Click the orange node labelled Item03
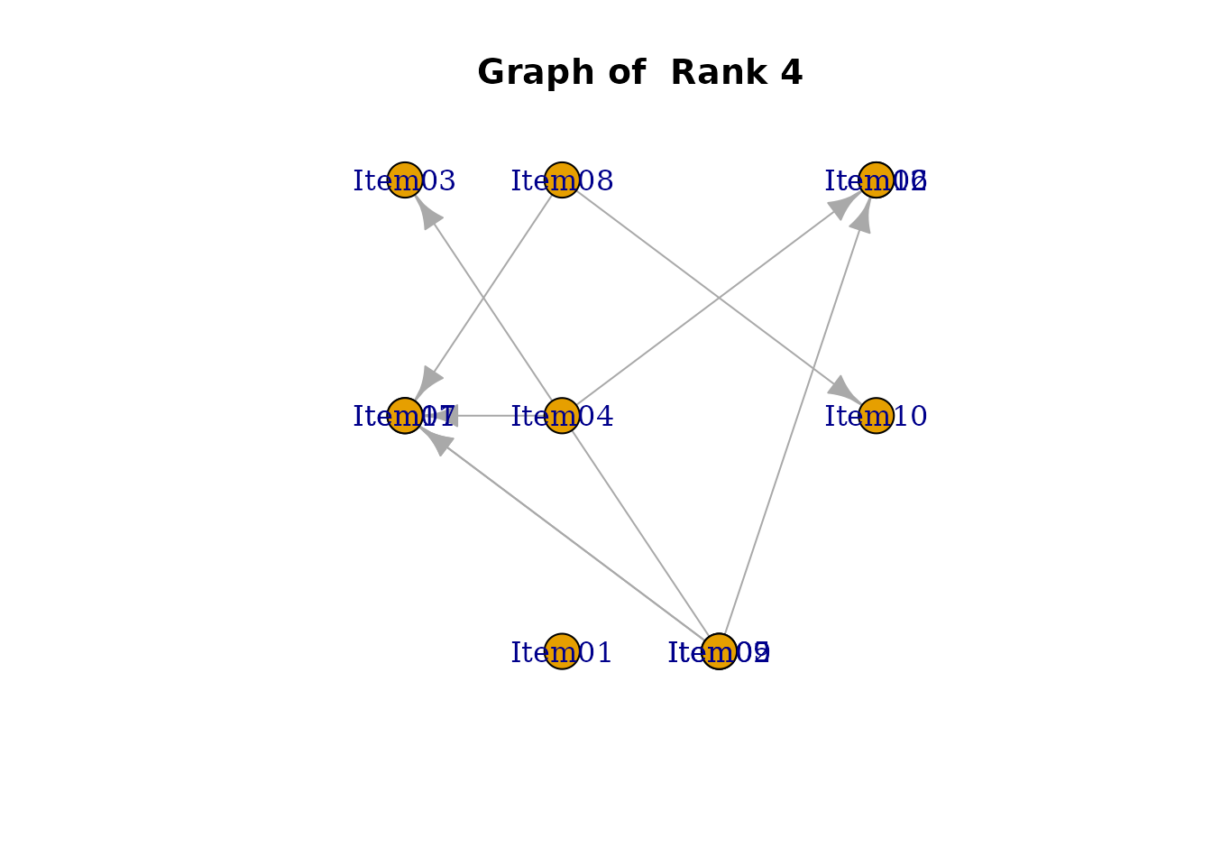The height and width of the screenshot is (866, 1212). pyautogui.click(x=405, y=180)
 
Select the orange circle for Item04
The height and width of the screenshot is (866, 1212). pyautogui.click(x=562, y=416)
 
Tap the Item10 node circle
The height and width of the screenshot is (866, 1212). pyautogui.click(x=876, y=416)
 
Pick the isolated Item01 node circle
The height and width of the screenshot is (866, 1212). pyautogui.click(x=562, y=651)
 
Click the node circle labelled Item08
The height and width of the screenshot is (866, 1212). pyautogui.click(x=562, y=180)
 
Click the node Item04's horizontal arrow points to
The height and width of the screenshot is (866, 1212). pyautogui.click(x=405, y=416)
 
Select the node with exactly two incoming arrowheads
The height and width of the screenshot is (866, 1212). pyautogui.click(x=876, y=180)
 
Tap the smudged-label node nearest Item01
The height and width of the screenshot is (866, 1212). pyautogui.click(x=719, y=651)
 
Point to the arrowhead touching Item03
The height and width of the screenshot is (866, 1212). pyautogui.click(x=427, y=213)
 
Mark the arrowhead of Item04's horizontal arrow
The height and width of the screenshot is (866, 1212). pyautogui.click(x=445, y=416)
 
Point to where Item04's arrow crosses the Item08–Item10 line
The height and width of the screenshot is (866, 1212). pyautogui.click(x=719, y=299)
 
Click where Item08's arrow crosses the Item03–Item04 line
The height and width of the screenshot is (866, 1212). pyautogui.click(x=483, y=299)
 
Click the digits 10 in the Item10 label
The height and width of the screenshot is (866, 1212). pyautogui.click(x=908, y=417)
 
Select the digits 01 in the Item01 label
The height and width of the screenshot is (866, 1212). pyautogui.click(x=594, y=652)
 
